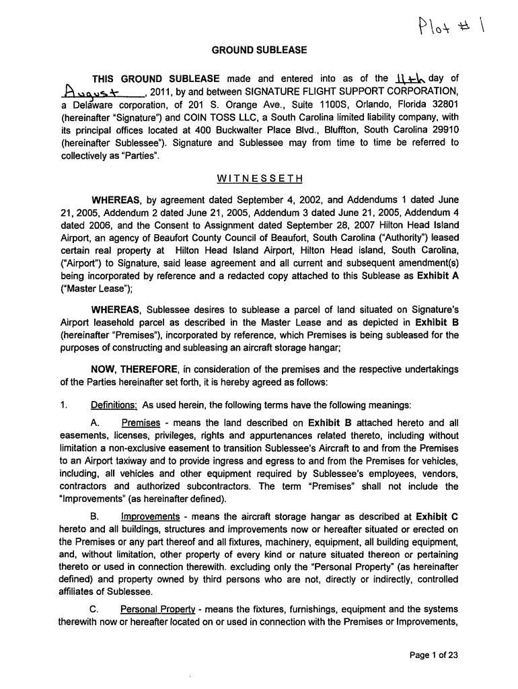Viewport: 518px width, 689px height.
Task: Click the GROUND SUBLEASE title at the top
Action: pos(259,49)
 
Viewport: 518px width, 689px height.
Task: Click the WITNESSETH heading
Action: pos(259,178)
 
